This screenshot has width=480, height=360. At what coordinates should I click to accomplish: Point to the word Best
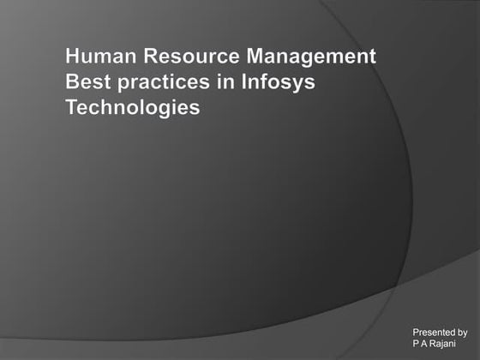coord(85,83)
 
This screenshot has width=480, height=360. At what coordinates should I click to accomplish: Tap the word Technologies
coord(133,109)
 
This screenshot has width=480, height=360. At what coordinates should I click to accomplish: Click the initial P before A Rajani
coord(417,342)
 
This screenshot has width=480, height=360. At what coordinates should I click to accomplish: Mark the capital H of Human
coord(73,57)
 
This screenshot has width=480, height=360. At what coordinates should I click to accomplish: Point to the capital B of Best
coord(72,83)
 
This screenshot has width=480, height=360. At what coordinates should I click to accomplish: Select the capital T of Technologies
coord(72,108)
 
